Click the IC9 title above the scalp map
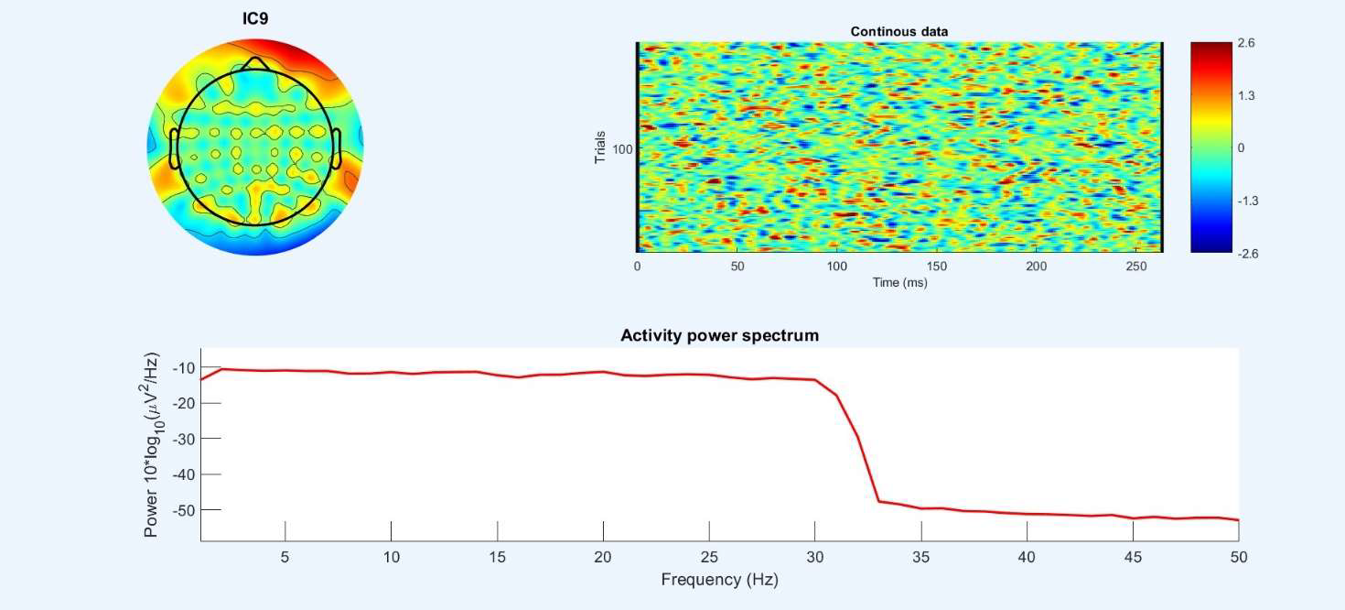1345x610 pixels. pyautogui.click(x=255, y=17)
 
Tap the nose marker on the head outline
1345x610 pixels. pyautogui.click(x=255, y=62)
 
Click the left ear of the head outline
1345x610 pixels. pyautogui.click(x=174, y=148)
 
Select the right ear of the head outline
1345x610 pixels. pyautogui.click(x=336, y=148)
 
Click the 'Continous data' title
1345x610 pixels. pyautogui.click(x=898, y=31)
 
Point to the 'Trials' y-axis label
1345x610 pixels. pyautogui.click(x=601, y=147)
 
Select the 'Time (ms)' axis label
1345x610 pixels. pyautogui.click(x=898, y=282)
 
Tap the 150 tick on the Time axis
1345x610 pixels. pyautogui.click(x=936, y=266)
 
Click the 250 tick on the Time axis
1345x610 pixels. pyautogui.click(x=1135, y=266)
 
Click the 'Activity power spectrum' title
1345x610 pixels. pyautogui.click(x=719, y=335)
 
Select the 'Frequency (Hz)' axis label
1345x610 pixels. pyautogui.click(x=719, y=579)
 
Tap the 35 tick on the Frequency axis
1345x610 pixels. pyautogui.click(x=921, y=557)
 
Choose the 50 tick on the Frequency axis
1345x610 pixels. pyautogui.click(x=1238, y=557)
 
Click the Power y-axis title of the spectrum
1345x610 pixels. pyautogui.click(x=152, y=444)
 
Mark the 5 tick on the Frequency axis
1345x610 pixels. pyautogui.click(x=285, y=557)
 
